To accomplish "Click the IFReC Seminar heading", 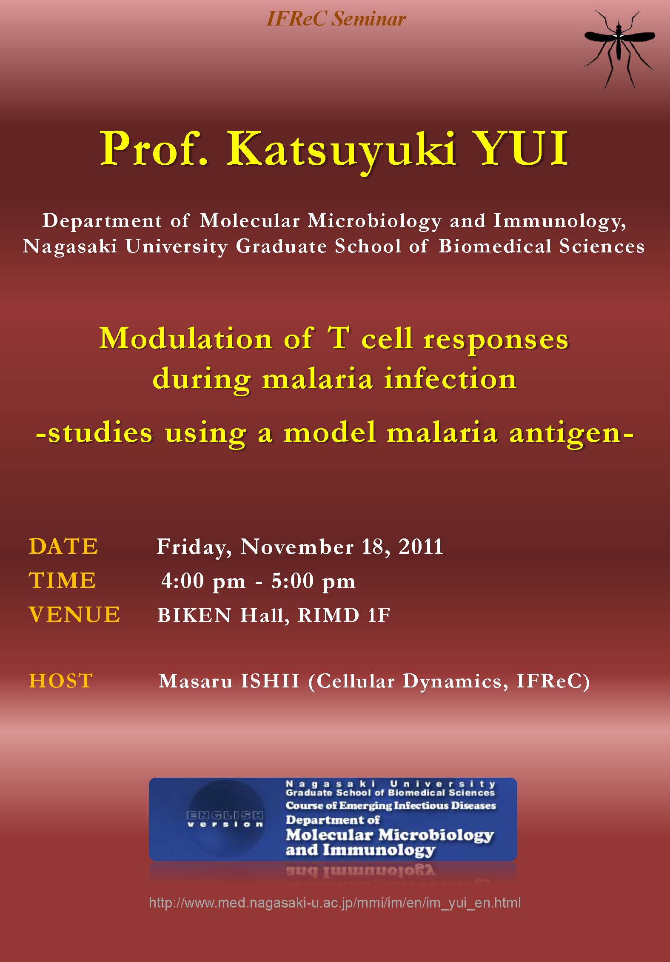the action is [x=336, y=19].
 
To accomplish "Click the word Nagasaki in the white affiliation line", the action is [x=70, y=246].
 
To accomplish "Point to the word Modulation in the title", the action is [x=185, y=339].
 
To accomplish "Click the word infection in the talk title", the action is [x=450, y=378].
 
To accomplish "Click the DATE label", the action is [x=63, y=546].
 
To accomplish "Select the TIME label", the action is [x=63, y=580].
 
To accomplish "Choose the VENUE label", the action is [x=74, y=615].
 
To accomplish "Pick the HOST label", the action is [x=61, y=681].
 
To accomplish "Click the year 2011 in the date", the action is [x=421, y=547].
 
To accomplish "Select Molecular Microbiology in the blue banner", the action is [x=390, y=835].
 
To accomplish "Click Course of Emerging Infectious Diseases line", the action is [x=391, y=805].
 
